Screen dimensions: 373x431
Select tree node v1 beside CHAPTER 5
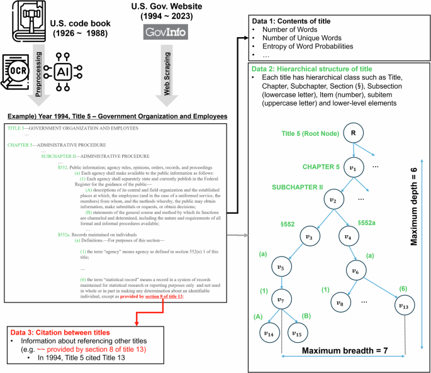point(354,169)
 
